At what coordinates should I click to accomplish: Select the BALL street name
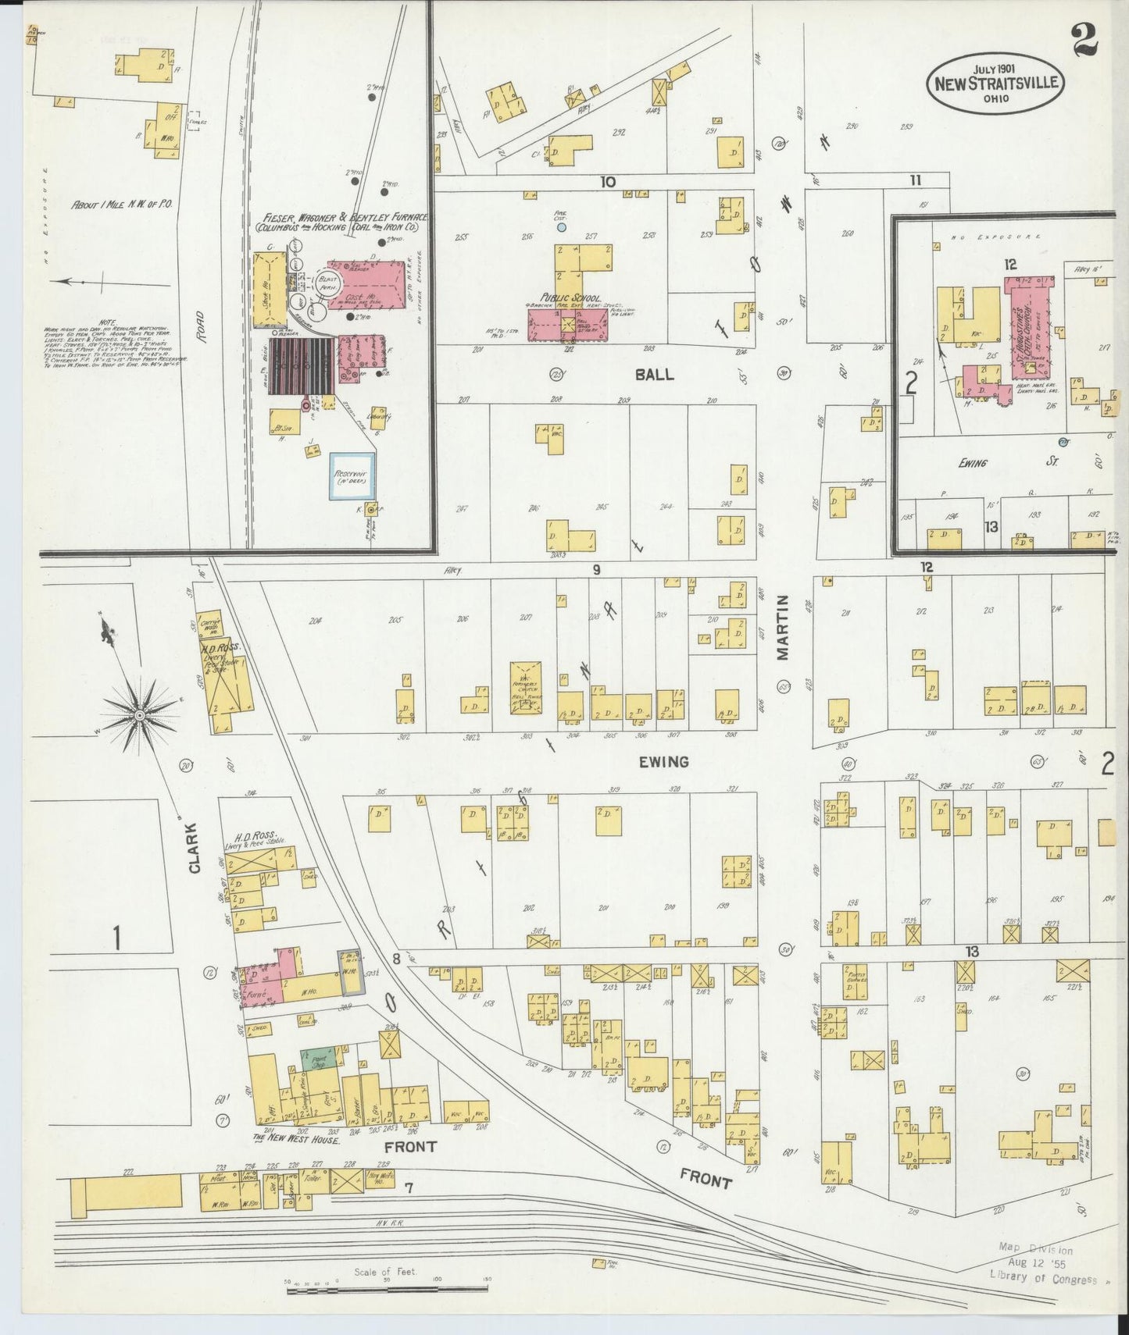(655, 375)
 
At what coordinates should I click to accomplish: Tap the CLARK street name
(195, 850)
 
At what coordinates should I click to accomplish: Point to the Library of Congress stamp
(1042, 1279)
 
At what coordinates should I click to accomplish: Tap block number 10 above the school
(607, 182)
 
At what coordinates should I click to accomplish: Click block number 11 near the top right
(915, 180)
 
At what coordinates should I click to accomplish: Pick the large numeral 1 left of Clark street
(117, 938)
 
